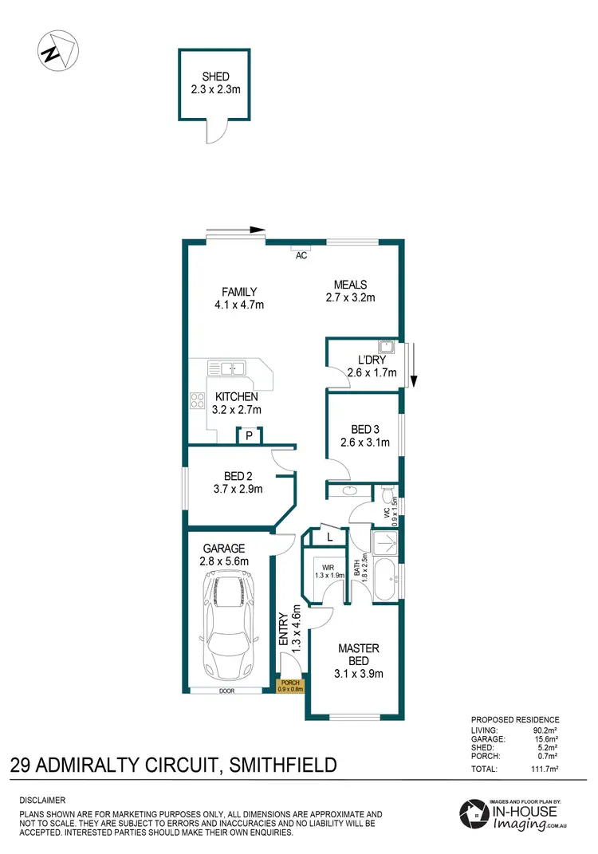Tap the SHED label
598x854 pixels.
[x=210, y=77]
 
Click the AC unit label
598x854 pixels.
[x=301, y=256]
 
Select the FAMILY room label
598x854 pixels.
[x=239, y=292]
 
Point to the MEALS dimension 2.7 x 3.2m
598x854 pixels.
[x=350, y=298]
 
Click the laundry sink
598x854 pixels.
[x=386, y=347]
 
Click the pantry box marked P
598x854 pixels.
[x=249, y=435]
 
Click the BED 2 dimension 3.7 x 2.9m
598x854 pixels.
[x=238, y=490]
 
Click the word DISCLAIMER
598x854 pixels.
[x=42, y=800]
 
